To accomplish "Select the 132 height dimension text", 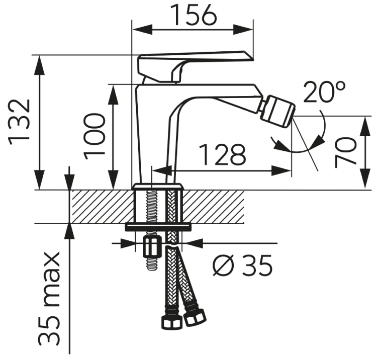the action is [x=20, y=122].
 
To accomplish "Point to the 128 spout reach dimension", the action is [x=223, y=155].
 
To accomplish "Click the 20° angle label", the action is [x=324, y=92].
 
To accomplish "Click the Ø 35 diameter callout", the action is [x=243, y=265].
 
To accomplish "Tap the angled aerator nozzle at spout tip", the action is [x=278, y=111].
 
